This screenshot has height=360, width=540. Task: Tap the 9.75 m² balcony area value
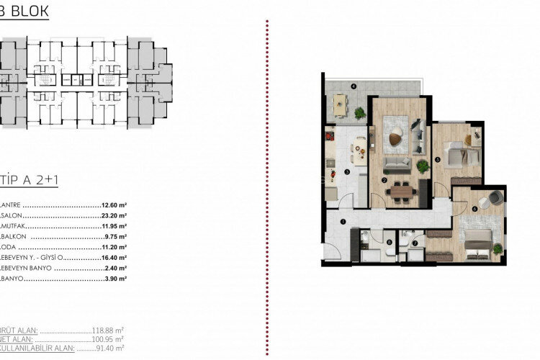click(116, 235)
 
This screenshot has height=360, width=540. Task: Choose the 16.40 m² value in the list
click(114, 256)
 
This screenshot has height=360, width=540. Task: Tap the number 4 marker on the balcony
click(354, 87)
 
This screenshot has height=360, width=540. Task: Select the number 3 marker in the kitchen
click(346, 171)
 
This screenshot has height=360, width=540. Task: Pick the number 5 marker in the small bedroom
click(438, 161)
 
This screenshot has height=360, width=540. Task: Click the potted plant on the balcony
click(359, 112)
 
